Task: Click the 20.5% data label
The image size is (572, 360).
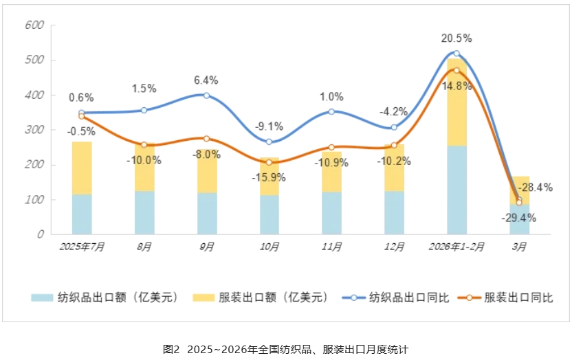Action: [456, 38]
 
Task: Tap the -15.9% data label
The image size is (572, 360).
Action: [269, 177]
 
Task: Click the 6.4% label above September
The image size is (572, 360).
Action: [206, 80]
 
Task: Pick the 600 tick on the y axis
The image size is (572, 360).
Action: [34, 25]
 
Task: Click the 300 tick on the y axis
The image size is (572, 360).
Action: [34, 130]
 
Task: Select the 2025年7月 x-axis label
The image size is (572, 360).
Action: [82, 247]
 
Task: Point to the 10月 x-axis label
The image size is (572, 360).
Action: [269, 247]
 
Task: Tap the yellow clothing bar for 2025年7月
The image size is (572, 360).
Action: [82, 168]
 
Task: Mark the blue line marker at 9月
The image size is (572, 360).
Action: [206, 95]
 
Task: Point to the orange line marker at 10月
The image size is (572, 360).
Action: [269, 162]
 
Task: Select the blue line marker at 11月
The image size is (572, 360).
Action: [331, 111]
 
